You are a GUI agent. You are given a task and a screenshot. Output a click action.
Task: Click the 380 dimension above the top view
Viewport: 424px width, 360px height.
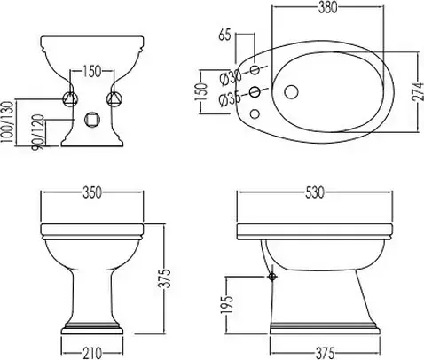[327, 8]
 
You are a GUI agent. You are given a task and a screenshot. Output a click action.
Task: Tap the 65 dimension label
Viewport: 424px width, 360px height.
[224, 35]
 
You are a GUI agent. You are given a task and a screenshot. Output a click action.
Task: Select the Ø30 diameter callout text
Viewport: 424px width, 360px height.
[231, 78]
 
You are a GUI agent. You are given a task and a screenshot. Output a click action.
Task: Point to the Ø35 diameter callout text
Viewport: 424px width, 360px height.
[230, 99]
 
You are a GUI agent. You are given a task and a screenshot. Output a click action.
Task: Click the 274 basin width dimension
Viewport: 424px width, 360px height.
[418, 91]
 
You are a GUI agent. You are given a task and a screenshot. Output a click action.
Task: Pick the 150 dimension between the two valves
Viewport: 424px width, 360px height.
[91, 71]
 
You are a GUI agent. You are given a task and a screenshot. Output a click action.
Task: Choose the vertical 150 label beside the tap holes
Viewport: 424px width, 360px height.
[201, 91]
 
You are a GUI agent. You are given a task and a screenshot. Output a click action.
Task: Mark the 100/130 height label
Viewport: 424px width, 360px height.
[7, 121]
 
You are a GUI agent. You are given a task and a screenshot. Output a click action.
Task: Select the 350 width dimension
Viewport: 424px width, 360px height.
[92, 192]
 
